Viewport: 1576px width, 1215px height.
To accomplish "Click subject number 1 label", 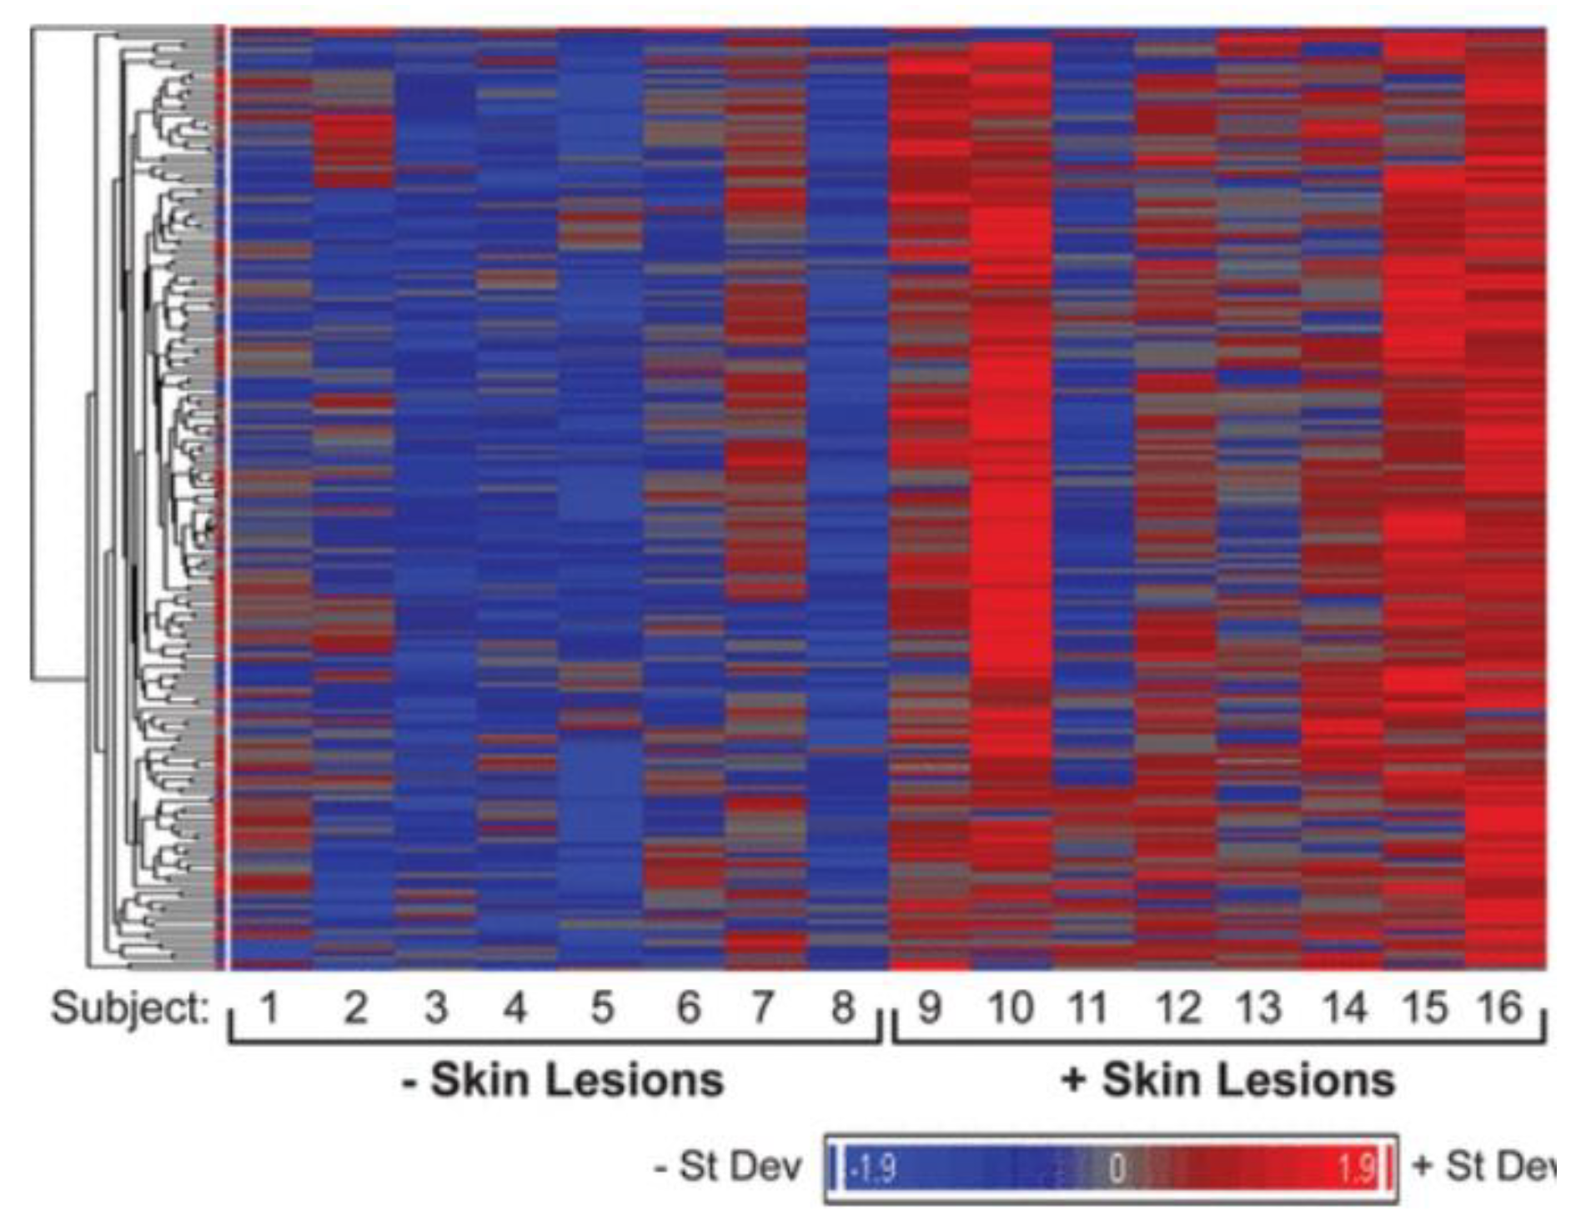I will pos(269,1008).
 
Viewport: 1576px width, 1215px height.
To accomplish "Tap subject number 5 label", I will pos(602,1008).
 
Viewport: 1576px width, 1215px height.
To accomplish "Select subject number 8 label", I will pos(844,1008).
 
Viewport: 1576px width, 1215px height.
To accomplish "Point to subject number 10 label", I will pos(1010,1008).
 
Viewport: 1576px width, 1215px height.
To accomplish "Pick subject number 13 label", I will pos(1258,1008).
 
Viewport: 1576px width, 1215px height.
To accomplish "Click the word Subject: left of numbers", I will pos(130,1008).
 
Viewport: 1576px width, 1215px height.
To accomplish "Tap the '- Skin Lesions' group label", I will pos(563,1080).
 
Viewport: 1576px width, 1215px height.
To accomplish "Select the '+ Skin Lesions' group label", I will pos(1228,1080).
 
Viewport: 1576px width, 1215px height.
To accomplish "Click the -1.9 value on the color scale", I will pos(872,1168).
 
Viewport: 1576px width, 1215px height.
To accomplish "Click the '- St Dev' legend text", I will pos(728,1167).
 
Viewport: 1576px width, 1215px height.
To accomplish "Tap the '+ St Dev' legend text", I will pos(1483,1167).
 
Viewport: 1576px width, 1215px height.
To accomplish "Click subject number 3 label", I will pos(436,1008).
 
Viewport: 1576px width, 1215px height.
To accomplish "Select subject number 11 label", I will pos(1088,1008).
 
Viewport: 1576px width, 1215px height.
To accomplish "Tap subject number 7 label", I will pos(761,1008).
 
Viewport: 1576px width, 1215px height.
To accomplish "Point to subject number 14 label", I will pos(1345,1008).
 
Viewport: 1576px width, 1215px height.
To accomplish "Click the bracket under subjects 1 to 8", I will pos(555,1041).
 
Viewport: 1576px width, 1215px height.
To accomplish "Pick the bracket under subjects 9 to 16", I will pos(1219,1041).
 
